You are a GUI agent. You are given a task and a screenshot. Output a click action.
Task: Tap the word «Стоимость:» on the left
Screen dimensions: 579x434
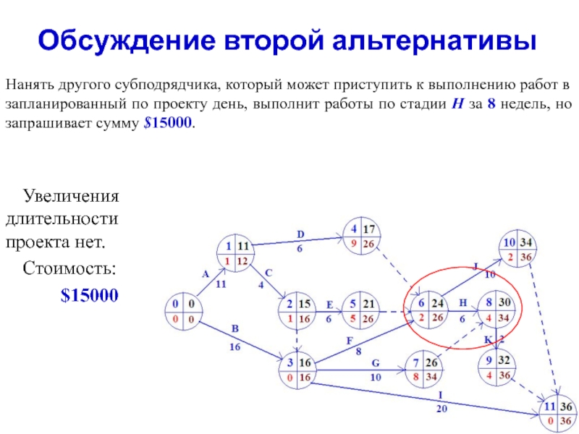[x=69, y=270]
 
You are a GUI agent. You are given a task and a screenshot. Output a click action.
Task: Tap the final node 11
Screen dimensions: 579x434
[x=557, y=414]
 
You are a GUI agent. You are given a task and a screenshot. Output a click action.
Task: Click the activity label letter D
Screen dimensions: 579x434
[x=301, y=234]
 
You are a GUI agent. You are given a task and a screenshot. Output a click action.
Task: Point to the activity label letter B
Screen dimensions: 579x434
[x=234, y=329]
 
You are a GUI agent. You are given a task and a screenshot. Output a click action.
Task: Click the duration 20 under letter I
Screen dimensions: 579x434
[x=441, y=409]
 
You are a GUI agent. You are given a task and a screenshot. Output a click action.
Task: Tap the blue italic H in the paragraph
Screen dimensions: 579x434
[x=457, y=105]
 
